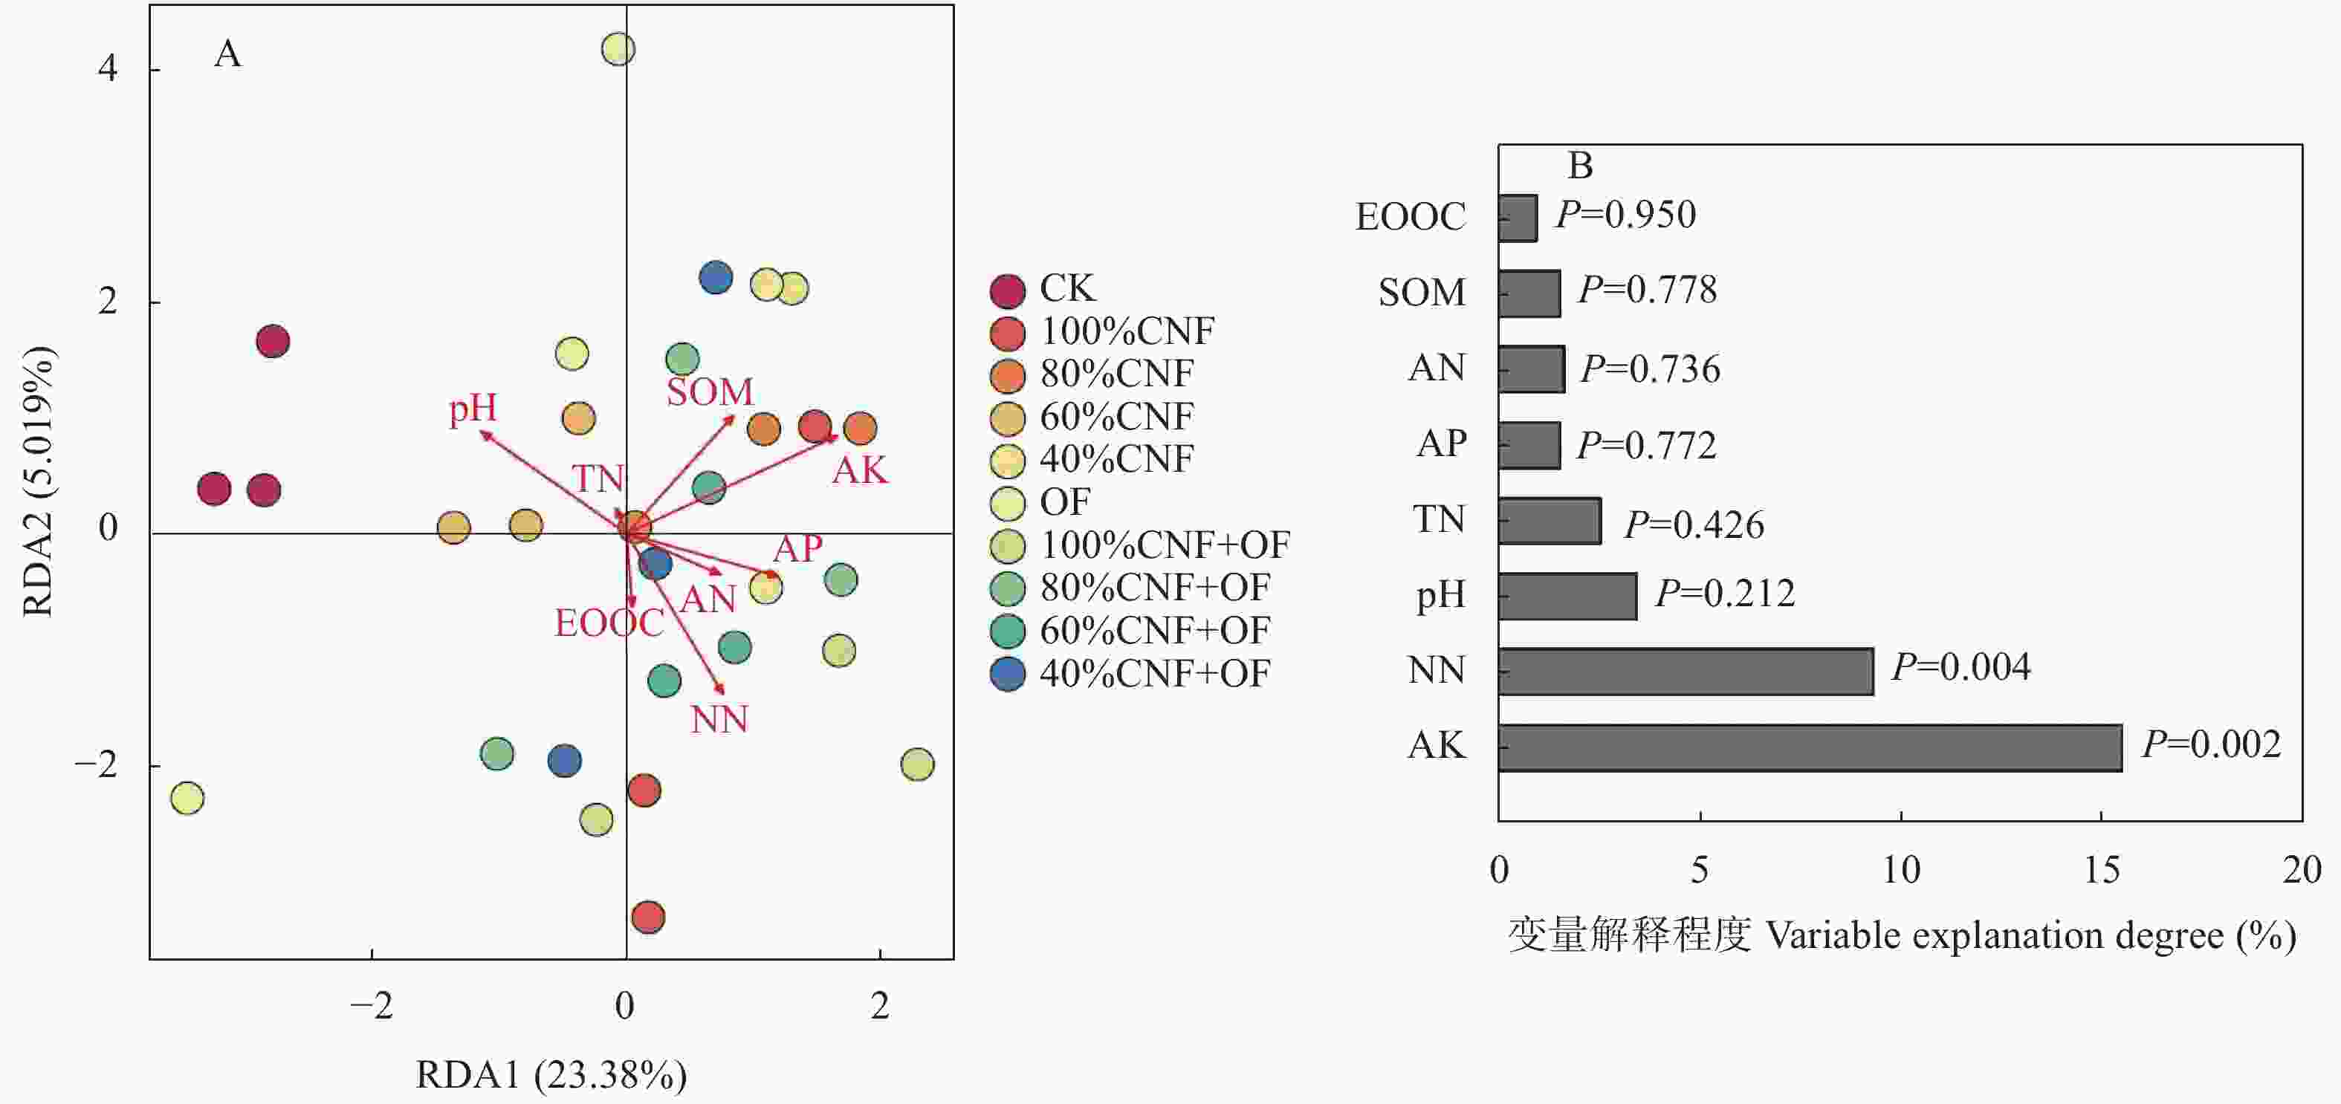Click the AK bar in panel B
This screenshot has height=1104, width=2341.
pyautogui.click(x=1810, y=748)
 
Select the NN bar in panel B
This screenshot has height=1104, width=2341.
pyautogui.click(x=1686, y=672)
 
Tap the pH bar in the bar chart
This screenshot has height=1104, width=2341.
pyautogui.click(x=1567, y=596)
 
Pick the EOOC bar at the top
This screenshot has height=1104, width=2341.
pyautogui.click(x=1518, y=218)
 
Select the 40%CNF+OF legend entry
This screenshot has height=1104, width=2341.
pyautogui.click(x=1130, y=674)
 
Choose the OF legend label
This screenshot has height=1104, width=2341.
pyautogui.click(x=1064, y=501)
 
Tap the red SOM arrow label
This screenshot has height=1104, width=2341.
pyautogui.click(x=710, y=392)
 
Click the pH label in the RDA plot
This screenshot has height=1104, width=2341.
pyautogui.click(x=473, y=409)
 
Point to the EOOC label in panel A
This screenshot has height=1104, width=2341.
pyautogui.click(x=609, y=623)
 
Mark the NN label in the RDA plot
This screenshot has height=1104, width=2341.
pyautogui.click(x=719, y=720)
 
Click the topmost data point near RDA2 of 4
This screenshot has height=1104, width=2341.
pyautogui.click(x=618, y=49)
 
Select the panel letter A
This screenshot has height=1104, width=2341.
pyautogui.click(x=228, y=53)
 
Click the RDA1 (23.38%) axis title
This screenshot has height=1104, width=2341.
pyautogui.click(x=551, y=1075)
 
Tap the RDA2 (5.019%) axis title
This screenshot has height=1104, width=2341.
pyautogui.click(x=38, y=481)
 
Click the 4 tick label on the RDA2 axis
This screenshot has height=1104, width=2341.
pyautogui.click(x=109, y=69)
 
